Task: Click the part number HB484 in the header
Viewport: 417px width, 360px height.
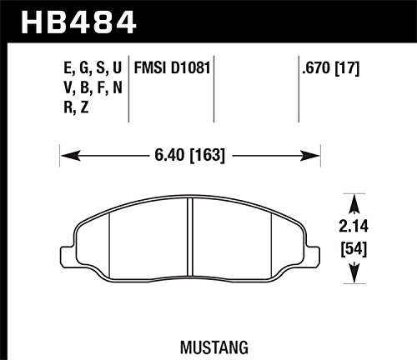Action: pyautogui.click(x=78, y=22)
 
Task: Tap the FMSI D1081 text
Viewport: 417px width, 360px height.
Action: pyautogui.click(x=172, y=68)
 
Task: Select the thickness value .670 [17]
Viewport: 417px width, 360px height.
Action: pyautogui.click(x=331, y=68)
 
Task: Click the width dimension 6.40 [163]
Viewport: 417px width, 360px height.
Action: pyautogui.click(x=189, y=155)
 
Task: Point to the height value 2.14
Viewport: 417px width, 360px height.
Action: pyautogui.click(x=354, y=226)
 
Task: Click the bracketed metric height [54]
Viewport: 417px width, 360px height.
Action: pyautogui.click(x=354, y=249)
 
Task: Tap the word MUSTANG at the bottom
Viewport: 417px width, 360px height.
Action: pyautogui.click(x=214, y=347)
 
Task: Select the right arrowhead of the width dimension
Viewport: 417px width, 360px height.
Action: pyautogui.click(x=310, y=156)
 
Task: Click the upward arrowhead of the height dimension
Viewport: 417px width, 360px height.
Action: pyautogui.click(x=354, y=204)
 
